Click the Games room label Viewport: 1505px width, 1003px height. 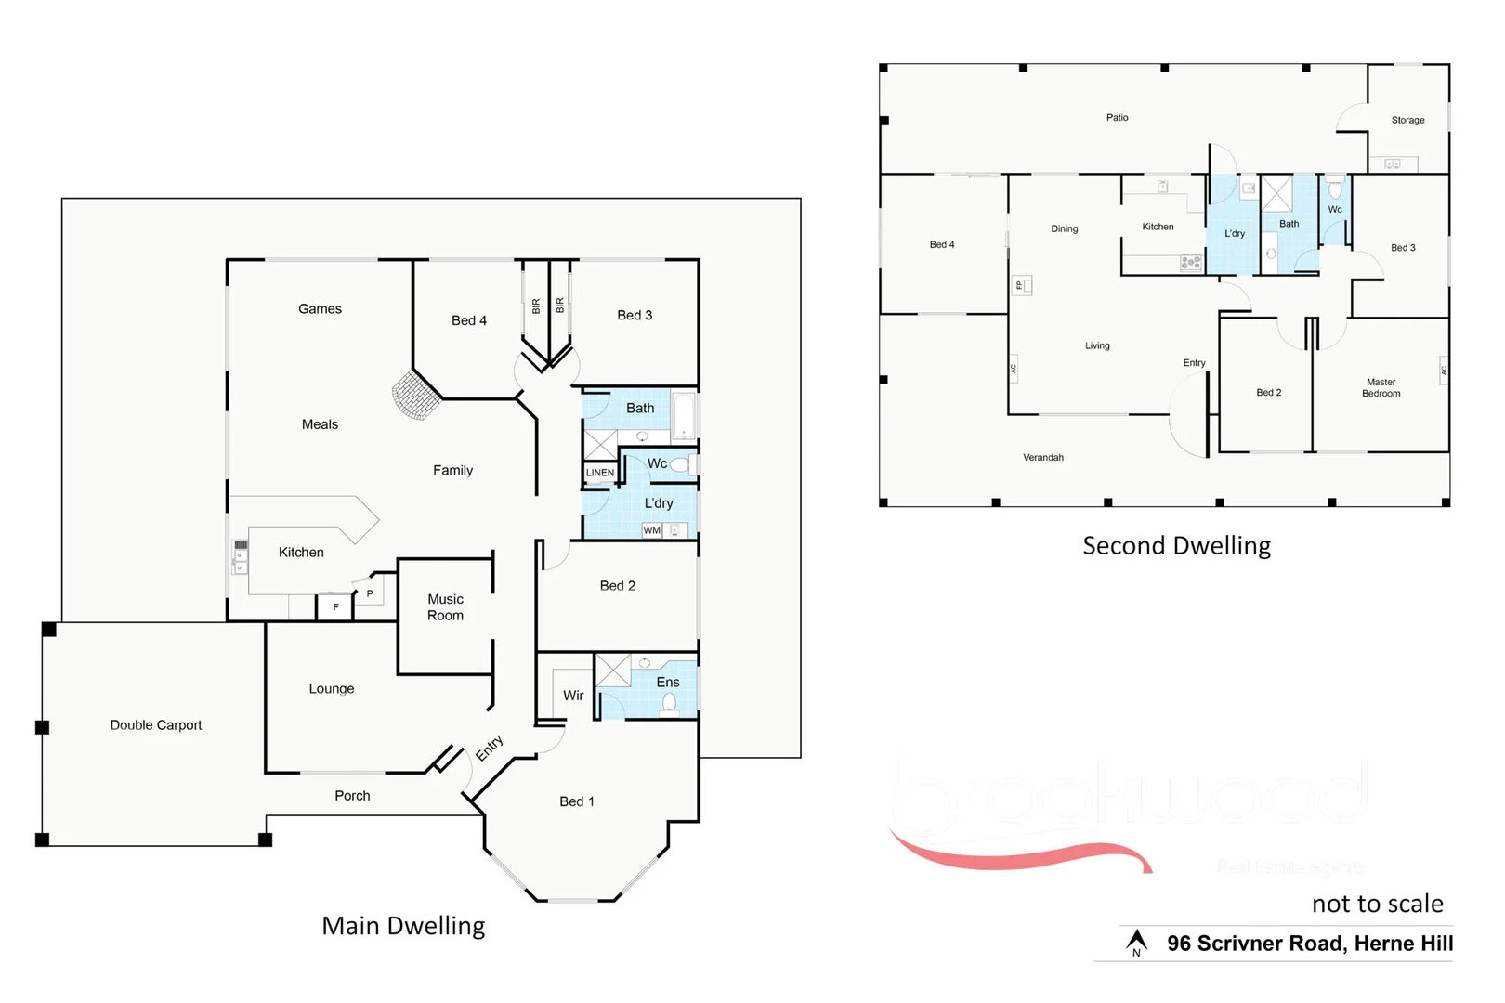(x=320, y=309)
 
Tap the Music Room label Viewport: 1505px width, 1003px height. (x=445, y=607)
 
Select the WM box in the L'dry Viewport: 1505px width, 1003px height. (x=652, y=530)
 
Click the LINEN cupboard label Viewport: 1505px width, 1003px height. (x=600, y=473)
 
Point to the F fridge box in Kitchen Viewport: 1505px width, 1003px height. (x=336, y=607)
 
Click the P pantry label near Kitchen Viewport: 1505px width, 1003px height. (x=370, y=593)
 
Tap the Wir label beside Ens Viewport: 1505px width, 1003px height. (x=573, y=696)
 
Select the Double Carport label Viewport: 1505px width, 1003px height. (x=156, y=725)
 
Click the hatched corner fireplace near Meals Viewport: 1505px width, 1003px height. (x=415, y=396)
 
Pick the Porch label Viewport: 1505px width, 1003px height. (x=352, y=796)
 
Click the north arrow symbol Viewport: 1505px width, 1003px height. (x=1136, y=944)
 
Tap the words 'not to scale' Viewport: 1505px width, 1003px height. (x=1377, y=904)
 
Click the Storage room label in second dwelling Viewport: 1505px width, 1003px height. (x=1407, y=120)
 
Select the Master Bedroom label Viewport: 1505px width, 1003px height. (x=1381, y=388)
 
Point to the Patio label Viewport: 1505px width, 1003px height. (x=1117, y=118)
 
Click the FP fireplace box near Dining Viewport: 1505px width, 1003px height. (x=1020, y=285)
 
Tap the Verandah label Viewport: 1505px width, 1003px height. (x=1043, y=458)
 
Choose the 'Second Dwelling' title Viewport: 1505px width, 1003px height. (x=1176, y=546)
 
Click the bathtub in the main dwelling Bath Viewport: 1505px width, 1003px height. (x=683, y=415)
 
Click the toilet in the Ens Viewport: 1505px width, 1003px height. (x=668, y=703)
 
